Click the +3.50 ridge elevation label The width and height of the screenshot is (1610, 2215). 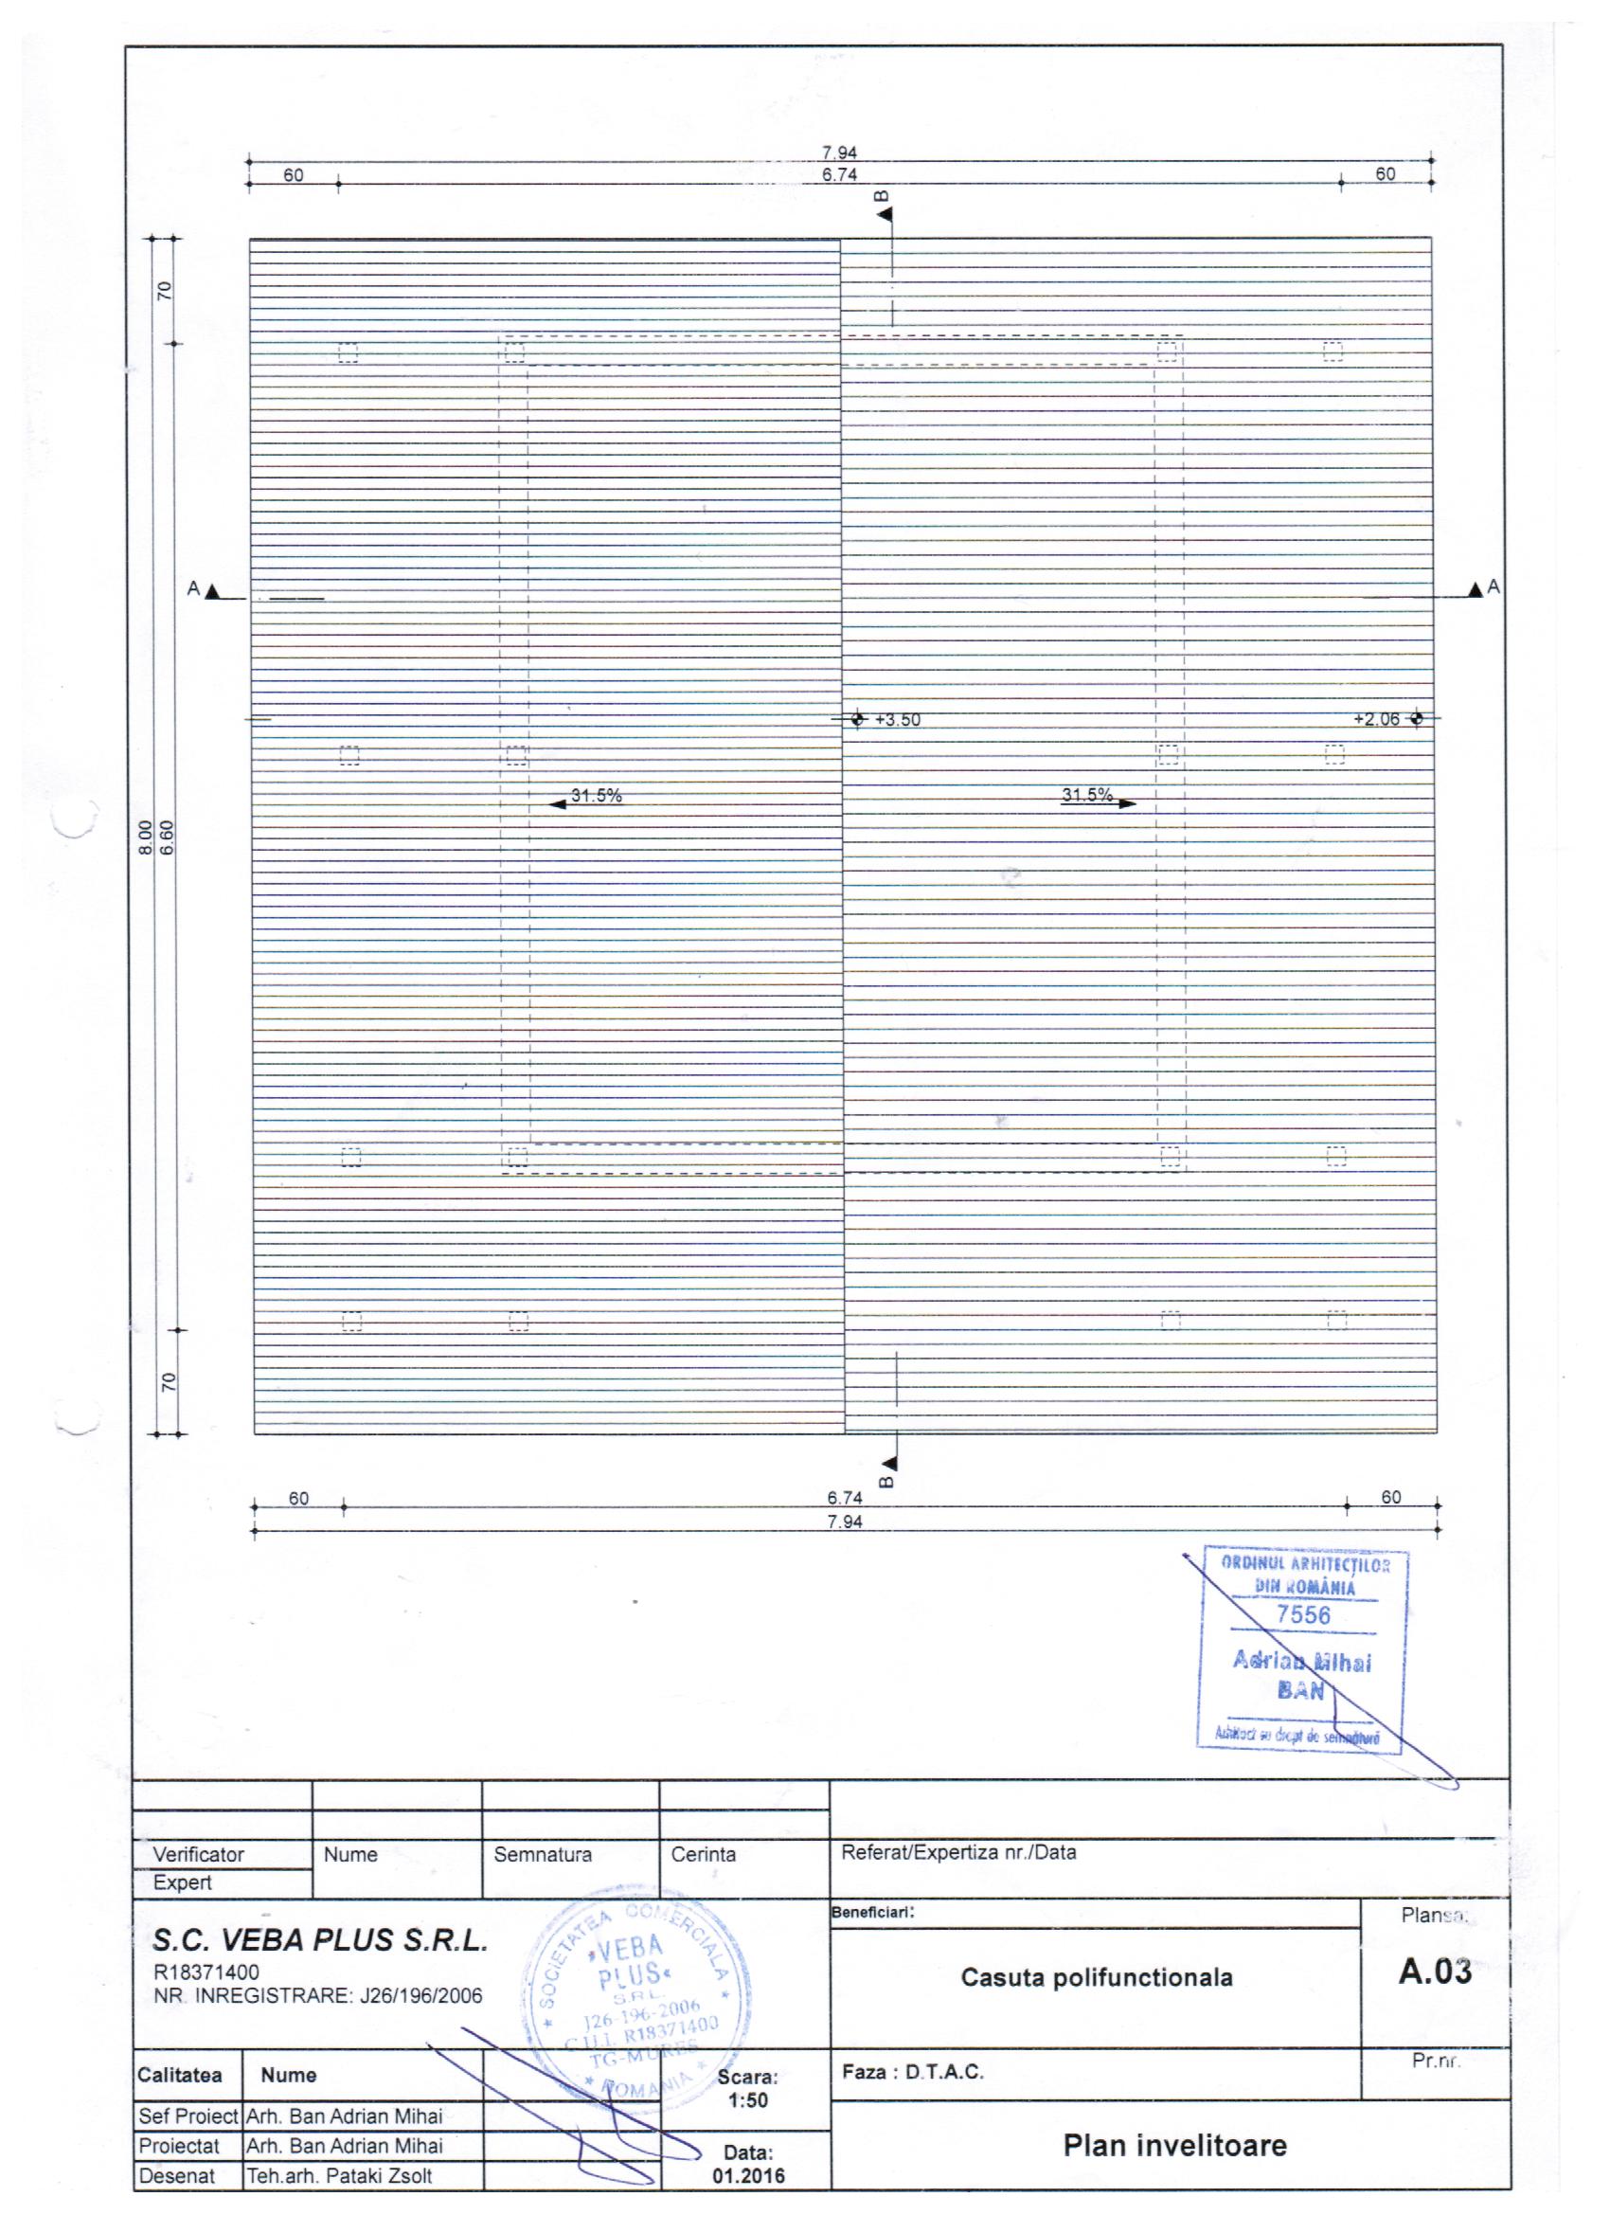pos(897,721)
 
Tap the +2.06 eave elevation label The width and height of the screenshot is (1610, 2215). pos(1376,720)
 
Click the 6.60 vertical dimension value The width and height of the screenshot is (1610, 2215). pos(167,837)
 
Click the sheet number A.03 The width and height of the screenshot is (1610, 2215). pos(1434,1972)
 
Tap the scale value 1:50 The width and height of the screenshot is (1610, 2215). pos(748,2100)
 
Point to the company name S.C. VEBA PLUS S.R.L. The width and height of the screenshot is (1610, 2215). pos(320,1940)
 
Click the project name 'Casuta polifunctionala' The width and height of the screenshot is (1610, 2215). pos(1097,1978)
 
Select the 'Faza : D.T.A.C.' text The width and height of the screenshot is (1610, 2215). pos(913,2071)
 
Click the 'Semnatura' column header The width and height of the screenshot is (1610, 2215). pos(542,1855)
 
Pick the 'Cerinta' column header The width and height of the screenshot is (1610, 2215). pos(703,1855)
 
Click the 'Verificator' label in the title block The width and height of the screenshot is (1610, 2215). pos(198,1855)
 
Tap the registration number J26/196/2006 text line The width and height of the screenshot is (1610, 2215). pos(318,1996)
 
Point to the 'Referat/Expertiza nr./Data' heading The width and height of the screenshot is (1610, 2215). pos(958,1853)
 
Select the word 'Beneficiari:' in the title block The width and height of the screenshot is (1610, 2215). pos(873,1912)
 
